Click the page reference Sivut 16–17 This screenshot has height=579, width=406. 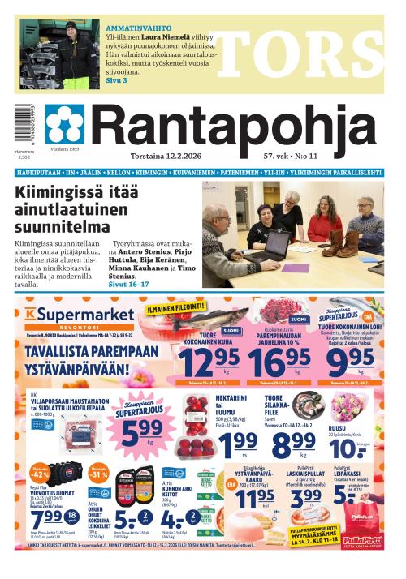pos(130,285)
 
